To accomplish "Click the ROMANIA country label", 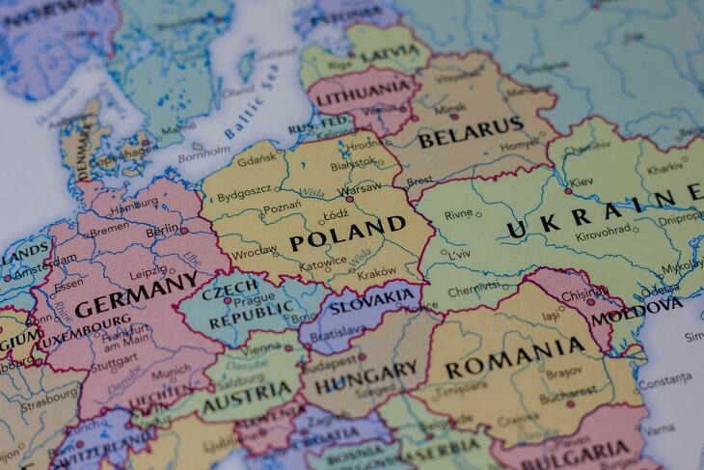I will click(x=514, y=360).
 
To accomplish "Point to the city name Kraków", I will click(x=376, y=273).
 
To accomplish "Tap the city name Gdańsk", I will click(x=257, y=157).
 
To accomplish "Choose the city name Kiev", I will click(x=582, y=181).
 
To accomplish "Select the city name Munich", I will click(x=171, y=370).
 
